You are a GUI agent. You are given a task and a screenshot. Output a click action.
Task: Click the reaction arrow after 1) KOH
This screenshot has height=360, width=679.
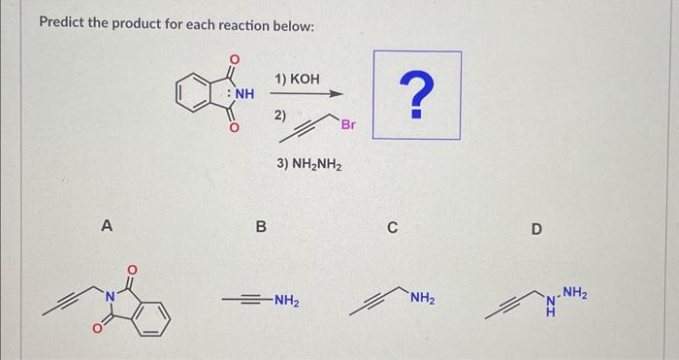(307, 95)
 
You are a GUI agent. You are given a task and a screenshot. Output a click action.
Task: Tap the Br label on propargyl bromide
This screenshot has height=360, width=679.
(348, 124)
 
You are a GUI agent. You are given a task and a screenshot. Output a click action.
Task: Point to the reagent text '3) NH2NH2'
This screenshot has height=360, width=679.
(308, 164)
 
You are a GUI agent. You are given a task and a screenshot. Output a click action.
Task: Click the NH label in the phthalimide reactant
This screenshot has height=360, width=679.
(242, 94)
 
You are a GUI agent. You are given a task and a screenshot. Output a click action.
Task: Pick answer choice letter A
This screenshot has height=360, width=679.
(107, 226)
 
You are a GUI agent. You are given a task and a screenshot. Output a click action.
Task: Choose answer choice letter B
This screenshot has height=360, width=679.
(260, 227)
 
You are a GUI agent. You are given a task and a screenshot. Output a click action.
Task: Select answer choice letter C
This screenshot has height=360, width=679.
(392, 228)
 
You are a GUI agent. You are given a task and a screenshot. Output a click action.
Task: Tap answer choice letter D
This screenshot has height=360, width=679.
(537, 229)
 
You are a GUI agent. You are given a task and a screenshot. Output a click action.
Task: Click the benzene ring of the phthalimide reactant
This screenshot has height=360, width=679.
(192, 94)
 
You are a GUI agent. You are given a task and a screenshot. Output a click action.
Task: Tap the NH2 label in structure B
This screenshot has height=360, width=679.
(284, 301)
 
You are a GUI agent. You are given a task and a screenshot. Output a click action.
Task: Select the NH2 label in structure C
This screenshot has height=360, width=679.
(422, 299)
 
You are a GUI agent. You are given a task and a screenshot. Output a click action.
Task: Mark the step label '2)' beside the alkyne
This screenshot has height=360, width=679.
(280, 115)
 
